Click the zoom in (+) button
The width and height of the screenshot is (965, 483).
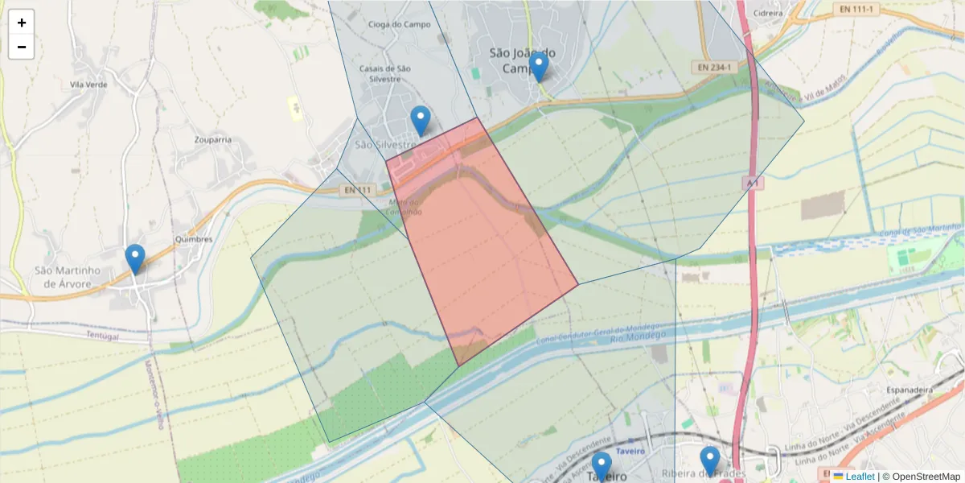pos(22,23)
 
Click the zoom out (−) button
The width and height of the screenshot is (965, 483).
pos(22,47)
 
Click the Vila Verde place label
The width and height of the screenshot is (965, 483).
pos(88,84)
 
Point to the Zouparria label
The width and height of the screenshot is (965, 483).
pos(213,139)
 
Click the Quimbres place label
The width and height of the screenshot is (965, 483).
pos(194,239)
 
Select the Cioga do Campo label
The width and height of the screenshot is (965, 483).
pos(399,24)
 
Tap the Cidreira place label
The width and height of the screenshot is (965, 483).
pos(767,13)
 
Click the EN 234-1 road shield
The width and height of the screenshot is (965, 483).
pos(715,68)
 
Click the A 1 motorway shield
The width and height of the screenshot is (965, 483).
pos(752,184)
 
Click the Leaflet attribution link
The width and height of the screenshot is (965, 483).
pos(860,477)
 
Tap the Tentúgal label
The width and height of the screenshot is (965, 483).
pos(102,336)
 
